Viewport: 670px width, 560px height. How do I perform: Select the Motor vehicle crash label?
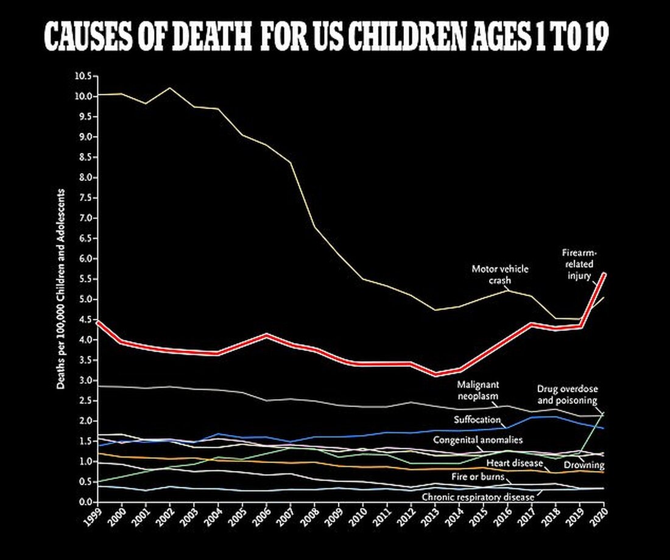tap(499, 274)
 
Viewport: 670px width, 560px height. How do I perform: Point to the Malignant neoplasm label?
tap(478, 389)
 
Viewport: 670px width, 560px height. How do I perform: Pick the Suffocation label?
tap(477, 420)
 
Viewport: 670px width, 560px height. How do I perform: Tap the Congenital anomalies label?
tap(478, 440)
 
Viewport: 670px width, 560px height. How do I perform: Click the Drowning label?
tap(584, 466)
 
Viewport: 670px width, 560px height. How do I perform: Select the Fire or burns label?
tap(478, 477)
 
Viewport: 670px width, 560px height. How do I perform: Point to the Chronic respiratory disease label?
tap(478, 497)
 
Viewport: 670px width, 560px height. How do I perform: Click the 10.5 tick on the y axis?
tap(82, 76)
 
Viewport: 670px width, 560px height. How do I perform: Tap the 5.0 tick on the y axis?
tap(84, 299)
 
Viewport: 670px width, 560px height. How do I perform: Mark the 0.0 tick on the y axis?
tap(84, 502)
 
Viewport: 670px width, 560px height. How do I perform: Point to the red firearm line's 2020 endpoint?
tap(603, 274)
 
